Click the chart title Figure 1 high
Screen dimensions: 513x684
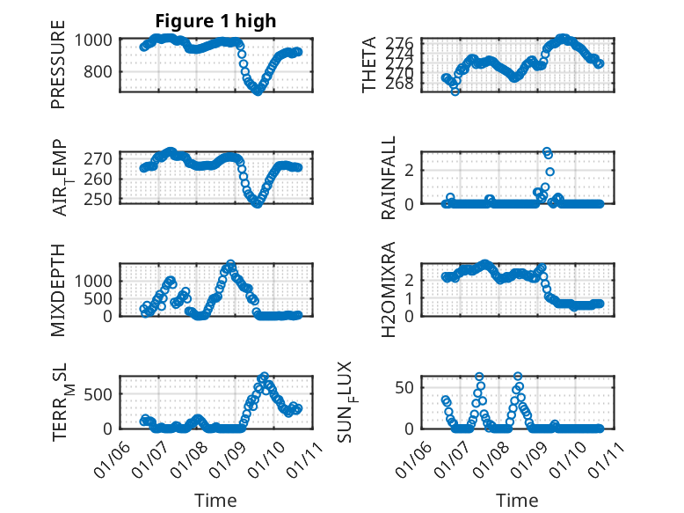coord(215,20)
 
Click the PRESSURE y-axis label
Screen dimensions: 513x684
coord(58,71)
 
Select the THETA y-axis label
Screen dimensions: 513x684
coord(370,65)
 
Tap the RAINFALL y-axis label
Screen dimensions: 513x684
coord(388,179)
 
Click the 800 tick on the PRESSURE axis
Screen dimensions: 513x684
coord(96,71)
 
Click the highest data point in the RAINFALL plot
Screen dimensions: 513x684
coord(547,152)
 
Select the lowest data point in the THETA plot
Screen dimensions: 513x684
coord(455,91)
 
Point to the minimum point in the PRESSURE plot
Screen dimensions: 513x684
coord(258,91)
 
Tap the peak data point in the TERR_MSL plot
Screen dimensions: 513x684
coord(264,377)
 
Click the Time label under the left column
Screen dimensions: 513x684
coord(215,500)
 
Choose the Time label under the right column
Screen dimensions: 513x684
coord(516,500)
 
